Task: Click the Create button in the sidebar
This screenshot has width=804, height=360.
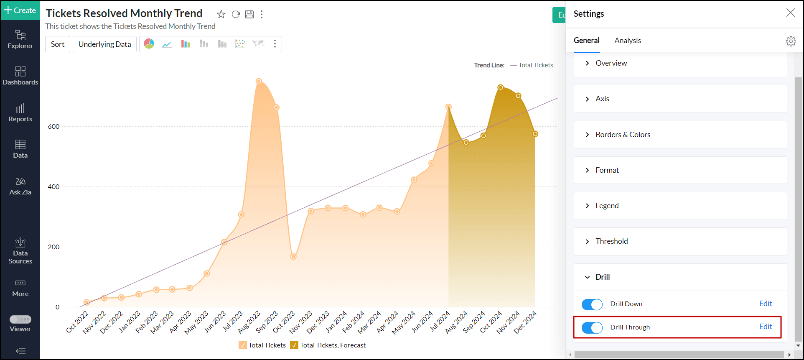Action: pyautogui.click(x=20, y=10)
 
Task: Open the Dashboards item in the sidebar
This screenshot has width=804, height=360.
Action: pyautogui.click(x=20, y=76)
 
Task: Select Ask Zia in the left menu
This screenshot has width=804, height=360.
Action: pyautogui.click(x=20, y=186)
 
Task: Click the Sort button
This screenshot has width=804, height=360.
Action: pyautogui.click(x=58, y=44)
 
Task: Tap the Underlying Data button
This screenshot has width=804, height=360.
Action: pyautogui.click(x=104, y=44)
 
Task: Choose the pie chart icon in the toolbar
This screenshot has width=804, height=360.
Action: pyautogui.click(x=149, y=44)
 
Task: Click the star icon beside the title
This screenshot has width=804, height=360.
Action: pyautogui.click(x=221, y=15)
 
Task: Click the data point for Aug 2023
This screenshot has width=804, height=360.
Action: pyautogui.click(x=259, y=81)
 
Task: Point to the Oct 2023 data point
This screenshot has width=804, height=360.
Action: pyautogui.click(x=293, y=256)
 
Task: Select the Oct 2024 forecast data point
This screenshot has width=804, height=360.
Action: pyautogui.click(x=501, y=87)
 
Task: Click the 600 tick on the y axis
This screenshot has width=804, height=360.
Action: pyautogui.click(x=54, y=127)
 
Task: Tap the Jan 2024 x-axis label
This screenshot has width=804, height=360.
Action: pyautogui.click(x=336, y=322)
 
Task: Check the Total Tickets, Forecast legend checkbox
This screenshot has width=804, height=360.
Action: pyautogui.click(x=294, y=345)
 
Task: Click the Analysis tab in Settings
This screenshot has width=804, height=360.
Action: pyautogui.click(x=627, y=41)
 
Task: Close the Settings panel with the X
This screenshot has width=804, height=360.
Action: pyautogui.click(x=790, y=13)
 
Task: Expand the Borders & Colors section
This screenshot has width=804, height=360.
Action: pyautogui.click(x=623, y=135)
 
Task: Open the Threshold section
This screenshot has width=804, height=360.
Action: pyautogui.click(x=611, y=241)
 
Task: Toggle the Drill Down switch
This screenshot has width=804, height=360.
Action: pyautogui.click(x=592, y=304)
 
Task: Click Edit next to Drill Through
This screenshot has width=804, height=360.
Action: pyautogui.click(x=765, y=327)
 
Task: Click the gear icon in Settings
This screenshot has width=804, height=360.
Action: pyautogui.click(x=791, y=41)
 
